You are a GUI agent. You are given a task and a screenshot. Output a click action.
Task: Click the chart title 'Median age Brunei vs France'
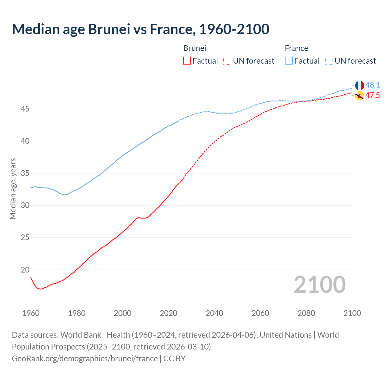coord(140,29)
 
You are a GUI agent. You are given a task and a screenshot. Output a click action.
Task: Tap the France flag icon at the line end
coord(360,85)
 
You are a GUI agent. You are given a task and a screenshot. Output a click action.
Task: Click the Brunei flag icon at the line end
coord(360,95)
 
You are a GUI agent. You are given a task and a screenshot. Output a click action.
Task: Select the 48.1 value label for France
coord(373,85)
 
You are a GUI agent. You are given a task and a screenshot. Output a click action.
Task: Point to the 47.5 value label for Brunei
coord(373,95)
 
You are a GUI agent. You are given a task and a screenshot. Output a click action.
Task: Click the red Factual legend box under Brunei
coord(187,61)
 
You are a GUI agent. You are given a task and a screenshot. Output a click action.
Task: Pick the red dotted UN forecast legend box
coord(227,61)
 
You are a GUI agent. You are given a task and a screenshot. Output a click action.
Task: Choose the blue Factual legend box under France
coord(289,61)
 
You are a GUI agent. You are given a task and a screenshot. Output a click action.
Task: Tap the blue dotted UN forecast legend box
coord(329,61)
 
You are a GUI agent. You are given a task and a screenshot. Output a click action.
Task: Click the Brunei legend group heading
coord(195,48)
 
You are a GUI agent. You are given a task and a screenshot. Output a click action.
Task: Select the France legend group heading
coord(296,48)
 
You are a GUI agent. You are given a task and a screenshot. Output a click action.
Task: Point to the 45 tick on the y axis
coord(25,109)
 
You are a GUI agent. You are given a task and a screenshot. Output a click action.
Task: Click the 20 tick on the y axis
coord(25,270)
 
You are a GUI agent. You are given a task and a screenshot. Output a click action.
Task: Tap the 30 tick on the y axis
coord(25,206)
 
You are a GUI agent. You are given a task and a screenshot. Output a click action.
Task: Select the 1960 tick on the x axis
coord(31,313)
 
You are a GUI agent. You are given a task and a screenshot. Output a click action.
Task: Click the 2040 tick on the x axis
coord(214,313)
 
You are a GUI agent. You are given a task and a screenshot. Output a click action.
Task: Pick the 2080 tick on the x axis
coord(306,313)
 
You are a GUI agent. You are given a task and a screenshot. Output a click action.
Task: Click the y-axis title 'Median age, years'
coord(13,189)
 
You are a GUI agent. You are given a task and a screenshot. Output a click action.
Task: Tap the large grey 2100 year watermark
coord(319,285)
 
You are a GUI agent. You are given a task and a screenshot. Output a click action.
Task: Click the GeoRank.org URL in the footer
coord(85,359)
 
